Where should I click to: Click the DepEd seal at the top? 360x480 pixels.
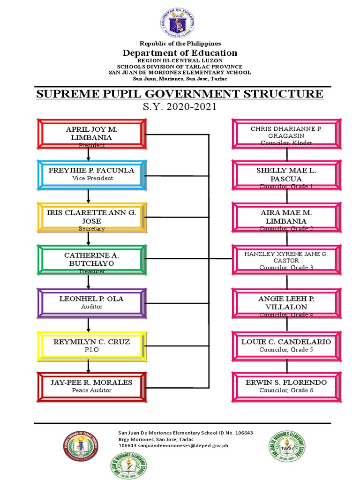[180, 23]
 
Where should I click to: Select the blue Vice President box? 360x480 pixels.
[92, 174]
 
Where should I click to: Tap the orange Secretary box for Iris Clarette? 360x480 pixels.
[92, 217]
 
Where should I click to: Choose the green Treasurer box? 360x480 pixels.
[92, 259]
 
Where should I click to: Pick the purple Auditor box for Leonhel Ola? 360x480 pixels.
[92, 302]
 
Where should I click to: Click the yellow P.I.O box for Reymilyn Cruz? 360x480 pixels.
[92, 345]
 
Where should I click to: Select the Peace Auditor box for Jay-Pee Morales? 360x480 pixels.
[92, 386]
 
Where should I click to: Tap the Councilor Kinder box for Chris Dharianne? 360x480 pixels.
[286, 133]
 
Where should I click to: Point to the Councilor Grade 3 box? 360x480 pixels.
[286, 259]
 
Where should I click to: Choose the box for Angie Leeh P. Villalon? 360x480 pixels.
[286, 302]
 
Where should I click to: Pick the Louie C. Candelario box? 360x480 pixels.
[286, 345]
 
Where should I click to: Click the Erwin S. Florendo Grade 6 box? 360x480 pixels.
[286, 386]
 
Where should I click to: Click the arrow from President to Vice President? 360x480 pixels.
[88, 154]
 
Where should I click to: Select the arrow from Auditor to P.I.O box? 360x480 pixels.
[88, 324]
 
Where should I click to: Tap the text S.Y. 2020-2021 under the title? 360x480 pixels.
[180, 107]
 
